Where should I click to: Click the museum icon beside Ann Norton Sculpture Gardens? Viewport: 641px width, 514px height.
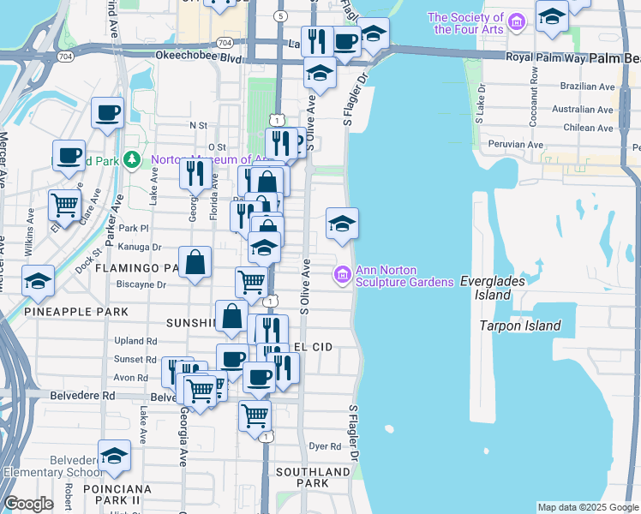[x=342, y=274]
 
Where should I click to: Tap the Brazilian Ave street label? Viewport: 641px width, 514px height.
[x=583, y=87]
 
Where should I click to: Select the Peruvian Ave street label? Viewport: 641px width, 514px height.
[x=515, y=145]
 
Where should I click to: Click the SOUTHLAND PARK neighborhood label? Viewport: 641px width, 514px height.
[x=313, y=477]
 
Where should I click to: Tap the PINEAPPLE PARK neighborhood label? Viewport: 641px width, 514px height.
[x=76, y=312]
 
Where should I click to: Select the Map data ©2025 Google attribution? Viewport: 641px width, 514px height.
[x=588, y=507]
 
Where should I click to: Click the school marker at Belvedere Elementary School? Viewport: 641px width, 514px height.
[x=114, y=456]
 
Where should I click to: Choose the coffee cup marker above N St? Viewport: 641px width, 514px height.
[x=108, y=112]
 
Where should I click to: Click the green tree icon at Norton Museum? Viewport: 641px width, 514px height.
[x=131, y=159]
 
